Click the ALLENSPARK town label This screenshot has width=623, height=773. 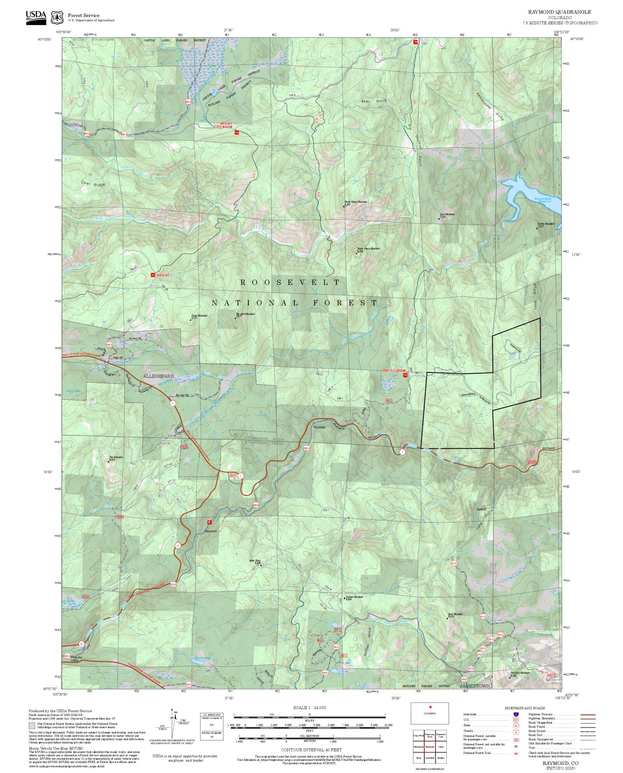[158, 376]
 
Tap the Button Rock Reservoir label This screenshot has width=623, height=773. [543, 200]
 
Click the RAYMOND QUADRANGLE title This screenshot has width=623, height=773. [559, 12]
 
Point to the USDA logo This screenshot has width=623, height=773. [36, 17]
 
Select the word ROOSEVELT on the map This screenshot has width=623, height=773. [290, 282]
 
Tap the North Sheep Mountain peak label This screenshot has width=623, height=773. [356, 202]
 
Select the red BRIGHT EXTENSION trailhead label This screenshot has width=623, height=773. [223, 125]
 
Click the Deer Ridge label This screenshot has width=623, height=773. [93, 184]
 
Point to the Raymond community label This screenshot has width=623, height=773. [211, 531]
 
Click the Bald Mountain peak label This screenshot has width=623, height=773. [456, 614]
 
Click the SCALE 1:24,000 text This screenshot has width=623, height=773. [310, 708]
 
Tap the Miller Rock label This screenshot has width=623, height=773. [255, 560]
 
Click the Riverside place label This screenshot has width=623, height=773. [319, 427]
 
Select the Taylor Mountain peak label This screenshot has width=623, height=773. [199, 316]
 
